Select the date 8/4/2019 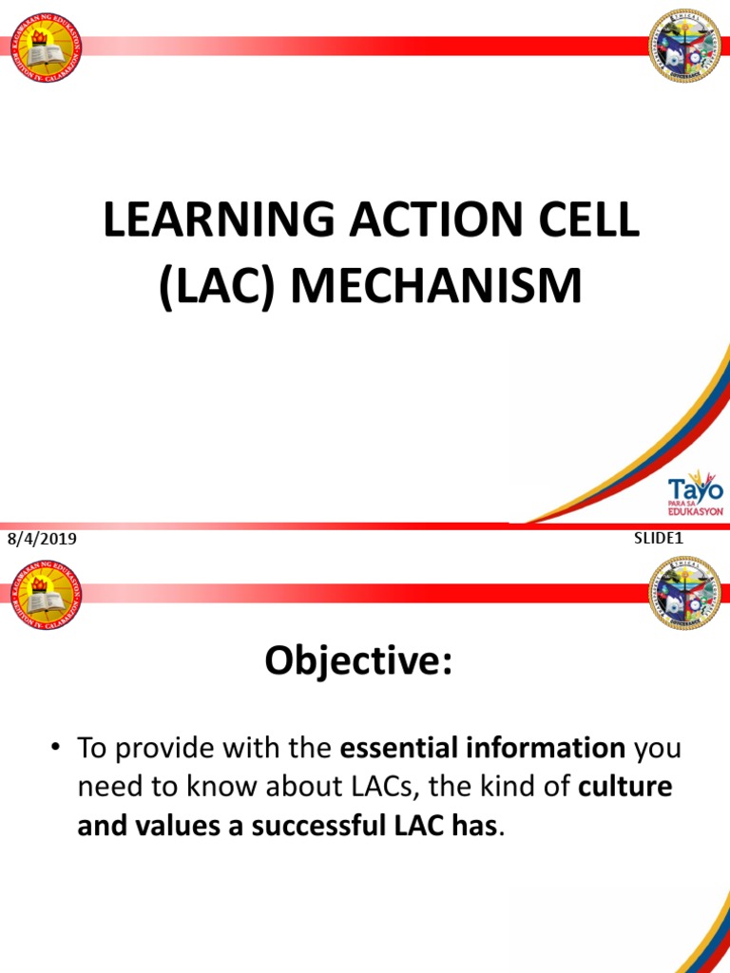pyautogui.click(x=42, y=540)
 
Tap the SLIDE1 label pyautogui.click(x=659, y=538)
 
